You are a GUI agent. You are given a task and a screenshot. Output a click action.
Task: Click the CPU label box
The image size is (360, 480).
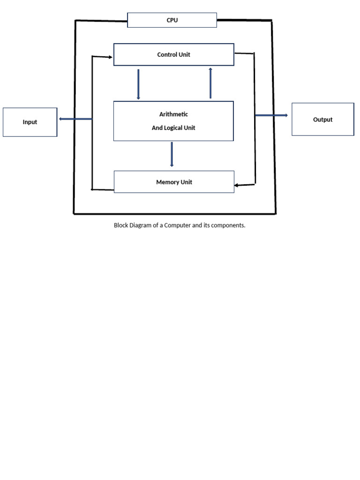click(172, 20)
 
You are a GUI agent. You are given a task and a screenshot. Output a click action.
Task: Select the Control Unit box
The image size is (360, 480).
click(173, 54)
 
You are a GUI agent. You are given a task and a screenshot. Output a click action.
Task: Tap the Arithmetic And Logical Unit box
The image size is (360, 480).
click(173, 121)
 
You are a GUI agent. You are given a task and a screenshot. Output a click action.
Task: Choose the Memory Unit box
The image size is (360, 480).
click(174, 182)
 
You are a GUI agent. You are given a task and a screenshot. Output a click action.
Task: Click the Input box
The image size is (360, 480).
click(30, 122)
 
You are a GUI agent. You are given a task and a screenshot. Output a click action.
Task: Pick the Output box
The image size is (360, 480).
click(322, 120)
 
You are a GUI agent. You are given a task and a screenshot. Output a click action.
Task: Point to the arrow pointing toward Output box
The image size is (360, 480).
click(272, 115)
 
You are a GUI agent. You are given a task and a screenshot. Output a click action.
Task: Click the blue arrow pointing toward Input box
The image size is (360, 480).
click(75, 119)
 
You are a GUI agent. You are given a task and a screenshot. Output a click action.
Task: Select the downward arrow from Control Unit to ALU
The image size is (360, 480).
click(138, 84)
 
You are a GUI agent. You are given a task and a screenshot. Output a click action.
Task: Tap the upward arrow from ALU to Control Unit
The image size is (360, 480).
click(210, 83)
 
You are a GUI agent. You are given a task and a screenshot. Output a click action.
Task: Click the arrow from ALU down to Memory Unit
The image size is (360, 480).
click(172, 154)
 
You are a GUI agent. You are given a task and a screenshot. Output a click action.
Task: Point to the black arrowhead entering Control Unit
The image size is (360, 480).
click(110, 57)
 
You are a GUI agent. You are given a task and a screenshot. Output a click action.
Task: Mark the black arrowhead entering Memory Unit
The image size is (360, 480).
click(237, 185)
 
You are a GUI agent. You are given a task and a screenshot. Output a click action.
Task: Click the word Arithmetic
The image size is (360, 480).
click(173, 114)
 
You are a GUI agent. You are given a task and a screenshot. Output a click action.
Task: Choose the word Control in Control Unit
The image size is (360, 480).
click(167, 55)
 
